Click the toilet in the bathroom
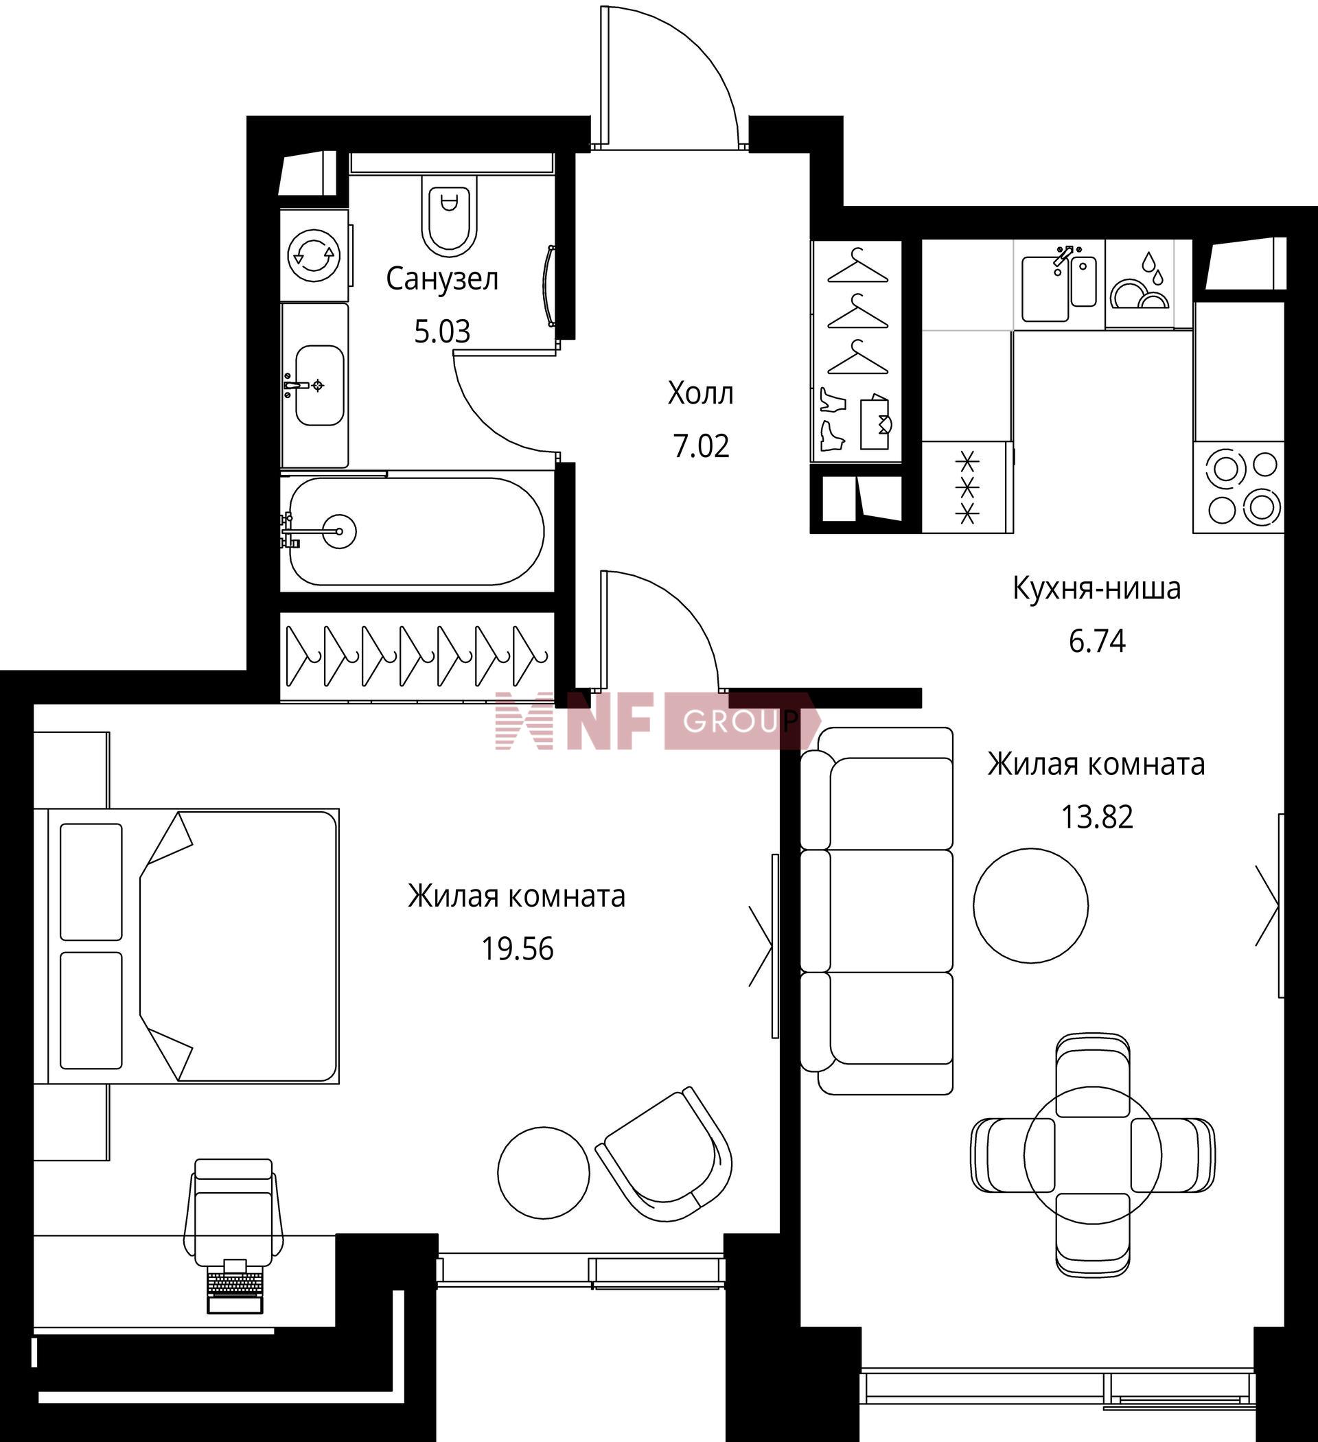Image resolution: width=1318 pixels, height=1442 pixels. (x=450, y=215)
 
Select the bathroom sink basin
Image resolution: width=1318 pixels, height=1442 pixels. (x=319, y=386)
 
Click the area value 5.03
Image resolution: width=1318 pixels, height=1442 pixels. (x=442, y=332)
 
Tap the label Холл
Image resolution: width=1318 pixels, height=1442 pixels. (x=700, y=393)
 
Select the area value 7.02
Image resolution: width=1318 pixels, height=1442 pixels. (x=701, y=446)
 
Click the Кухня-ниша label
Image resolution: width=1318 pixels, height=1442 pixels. (x=1097, y=589)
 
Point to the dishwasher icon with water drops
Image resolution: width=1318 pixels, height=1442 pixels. (x=1139, y=284)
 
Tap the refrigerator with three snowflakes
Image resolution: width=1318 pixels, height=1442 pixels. (x=967, y=487)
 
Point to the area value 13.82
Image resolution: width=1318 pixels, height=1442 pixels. (x=1097, y=817)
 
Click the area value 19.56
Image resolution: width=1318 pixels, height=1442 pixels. (x=518, y=949)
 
